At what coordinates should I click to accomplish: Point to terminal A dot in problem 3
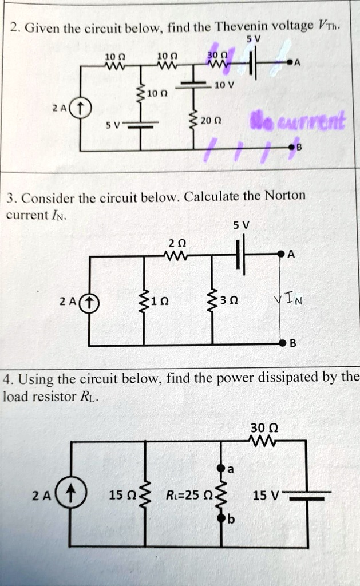pyautogui.click(x=281, y=254)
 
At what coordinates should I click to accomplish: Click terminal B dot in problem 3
pyautogui.click(x=281, y=344)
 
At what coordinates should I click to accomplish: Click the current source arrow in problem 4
pyautogui.click(x=70, y=493)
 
